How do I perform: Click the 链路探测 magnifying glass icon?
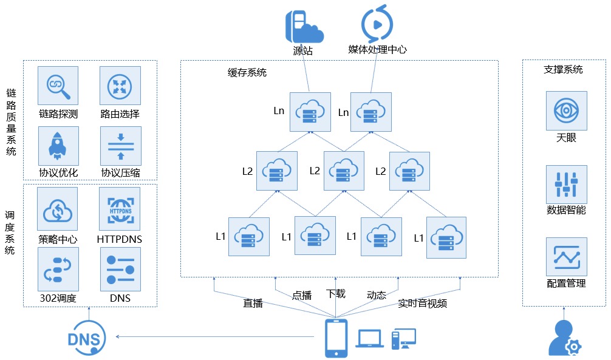(x=58, y=86)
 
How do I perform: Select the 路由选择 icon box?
(x=120, y=86)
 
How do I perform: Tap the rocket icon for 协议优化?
(x=58, y=146)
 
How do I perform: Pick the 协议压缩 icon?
(x=121, y=146)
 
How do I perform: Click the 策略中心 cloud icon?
(x=57, y=209)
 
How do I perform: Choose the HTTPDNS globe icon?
(x=120, y=209)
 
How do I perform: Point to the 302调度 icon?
(x=58, y=269)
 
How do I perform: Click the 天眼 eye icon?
(x=566, y=110)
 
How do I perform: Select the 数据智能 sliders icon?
(x=566, y=185)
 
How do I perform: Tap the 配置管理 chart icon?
(x=566, y=257)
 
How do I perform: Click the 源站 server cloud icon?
(x=304, y=27)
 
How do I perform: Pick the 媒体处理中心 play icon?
(x=377, y=24)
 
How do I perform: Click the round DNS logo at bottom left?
(x=86, y=338)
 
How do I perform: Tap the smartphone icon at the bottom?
(x=336, y=338)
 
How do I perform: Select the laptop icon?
(x=369, y=339)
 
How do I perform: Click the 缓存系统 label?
(x=247, y=72)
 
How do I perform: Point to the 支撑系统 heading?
(x=563, y=69)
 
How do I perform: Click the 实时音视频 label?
(x=422, y=303)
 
